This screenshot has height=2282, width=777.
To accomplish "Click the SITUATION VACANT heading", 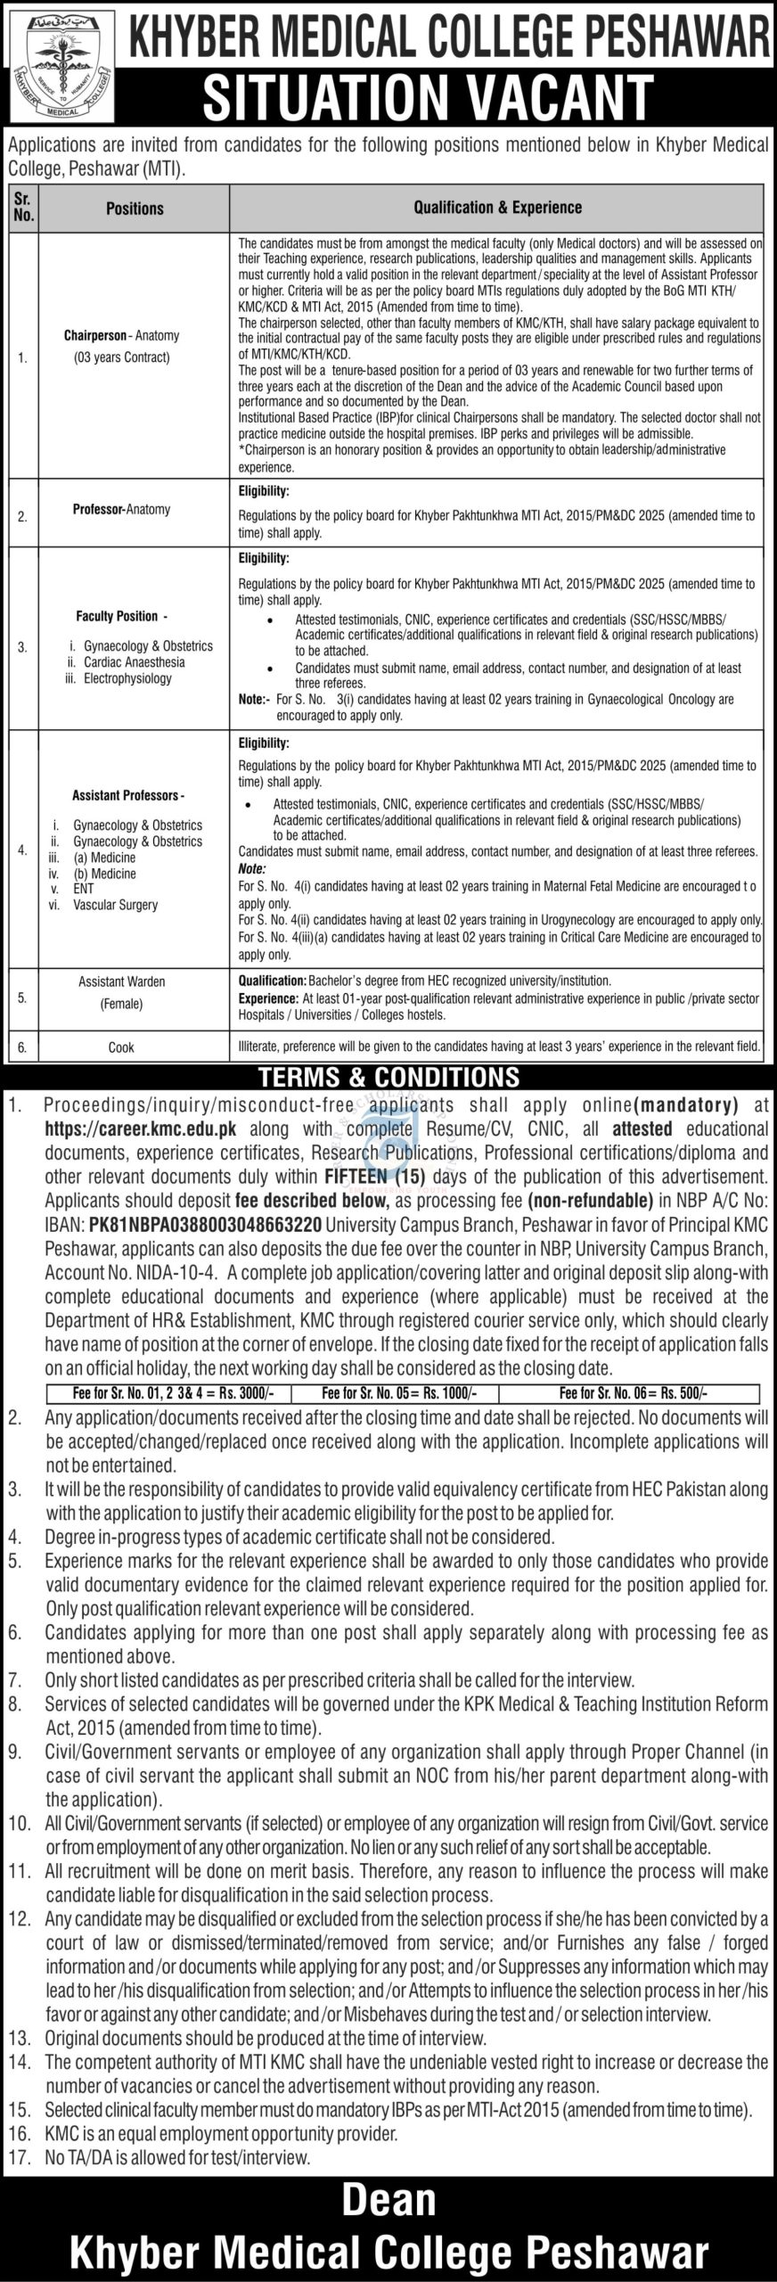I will coord(428,96).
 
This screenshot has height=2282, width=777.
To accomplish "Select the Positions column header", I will coord(135,209).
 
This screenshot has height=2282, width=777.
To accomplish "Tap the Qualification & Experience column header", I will coord(497,208).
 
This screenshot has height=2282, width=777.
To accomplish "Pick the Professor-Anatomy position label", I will coord(121,509).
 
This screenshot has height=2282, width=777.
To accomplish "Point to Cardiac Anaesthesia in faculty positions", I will coord(134,661).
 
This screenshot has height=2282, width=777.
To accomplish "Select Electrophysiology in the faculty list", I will coord(127,677).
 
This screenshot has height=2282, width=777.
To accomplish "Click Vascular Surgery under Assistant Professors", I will coord(116,904).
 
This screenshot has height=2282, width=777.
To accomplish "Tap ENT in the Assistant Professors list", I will coord(83,888).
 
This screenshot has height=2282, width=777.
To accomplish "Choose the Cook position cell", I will coord(121,1047).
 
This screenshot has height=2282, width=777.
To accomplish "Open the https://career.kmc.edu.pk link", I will coord(141,1128).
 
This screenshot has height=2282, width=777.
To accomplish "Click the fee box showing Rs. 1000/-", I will coord(397,1392).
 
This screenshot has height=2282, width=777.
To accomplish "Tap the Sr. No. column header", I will coord(24,209).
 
